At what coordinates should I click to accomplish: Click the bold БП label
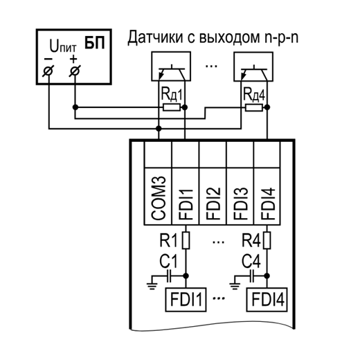click(95, 42)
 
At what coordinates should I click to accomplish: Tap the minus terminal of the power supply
click(48, 71)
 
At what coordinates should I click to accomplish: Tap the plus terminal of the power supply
click(75, 71)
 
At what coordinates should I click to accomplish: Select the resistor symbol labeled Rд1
click(172, 107)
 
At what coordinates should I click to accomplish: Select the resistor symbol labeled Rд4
click(254, 107)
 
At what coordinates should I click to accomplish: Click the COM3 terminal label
click(159, 198)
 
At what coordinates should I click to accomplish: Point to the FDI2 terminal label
click(213, 204)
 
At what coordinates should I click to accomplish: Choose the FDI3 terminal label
click(240, 204)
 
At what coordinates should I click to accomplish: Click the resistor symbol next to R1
click(186, 240)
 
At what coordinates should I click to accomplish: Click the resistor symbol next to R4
click(267, 240)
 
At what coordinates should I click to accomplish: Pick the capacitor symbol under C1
click(169, 276)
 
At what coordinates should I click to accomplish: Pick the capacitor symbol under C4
click(252, 276)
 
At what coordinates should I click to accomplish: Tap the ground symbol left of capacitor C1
click(152, 286)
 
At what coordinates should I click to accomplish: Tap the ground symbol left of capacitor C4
click(235, 286)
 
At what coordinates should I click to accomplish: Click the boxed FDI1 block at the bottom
click(186, 300)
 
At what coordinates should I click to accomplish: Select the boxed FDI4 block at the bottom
click(267, 300)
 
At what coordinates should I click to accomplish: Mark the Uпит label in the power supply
click(63, 46)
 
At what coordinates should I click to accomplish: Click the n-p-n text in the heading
click(281, 38)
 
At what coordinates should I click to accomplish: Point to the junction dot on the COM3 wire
click(159, 128)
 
